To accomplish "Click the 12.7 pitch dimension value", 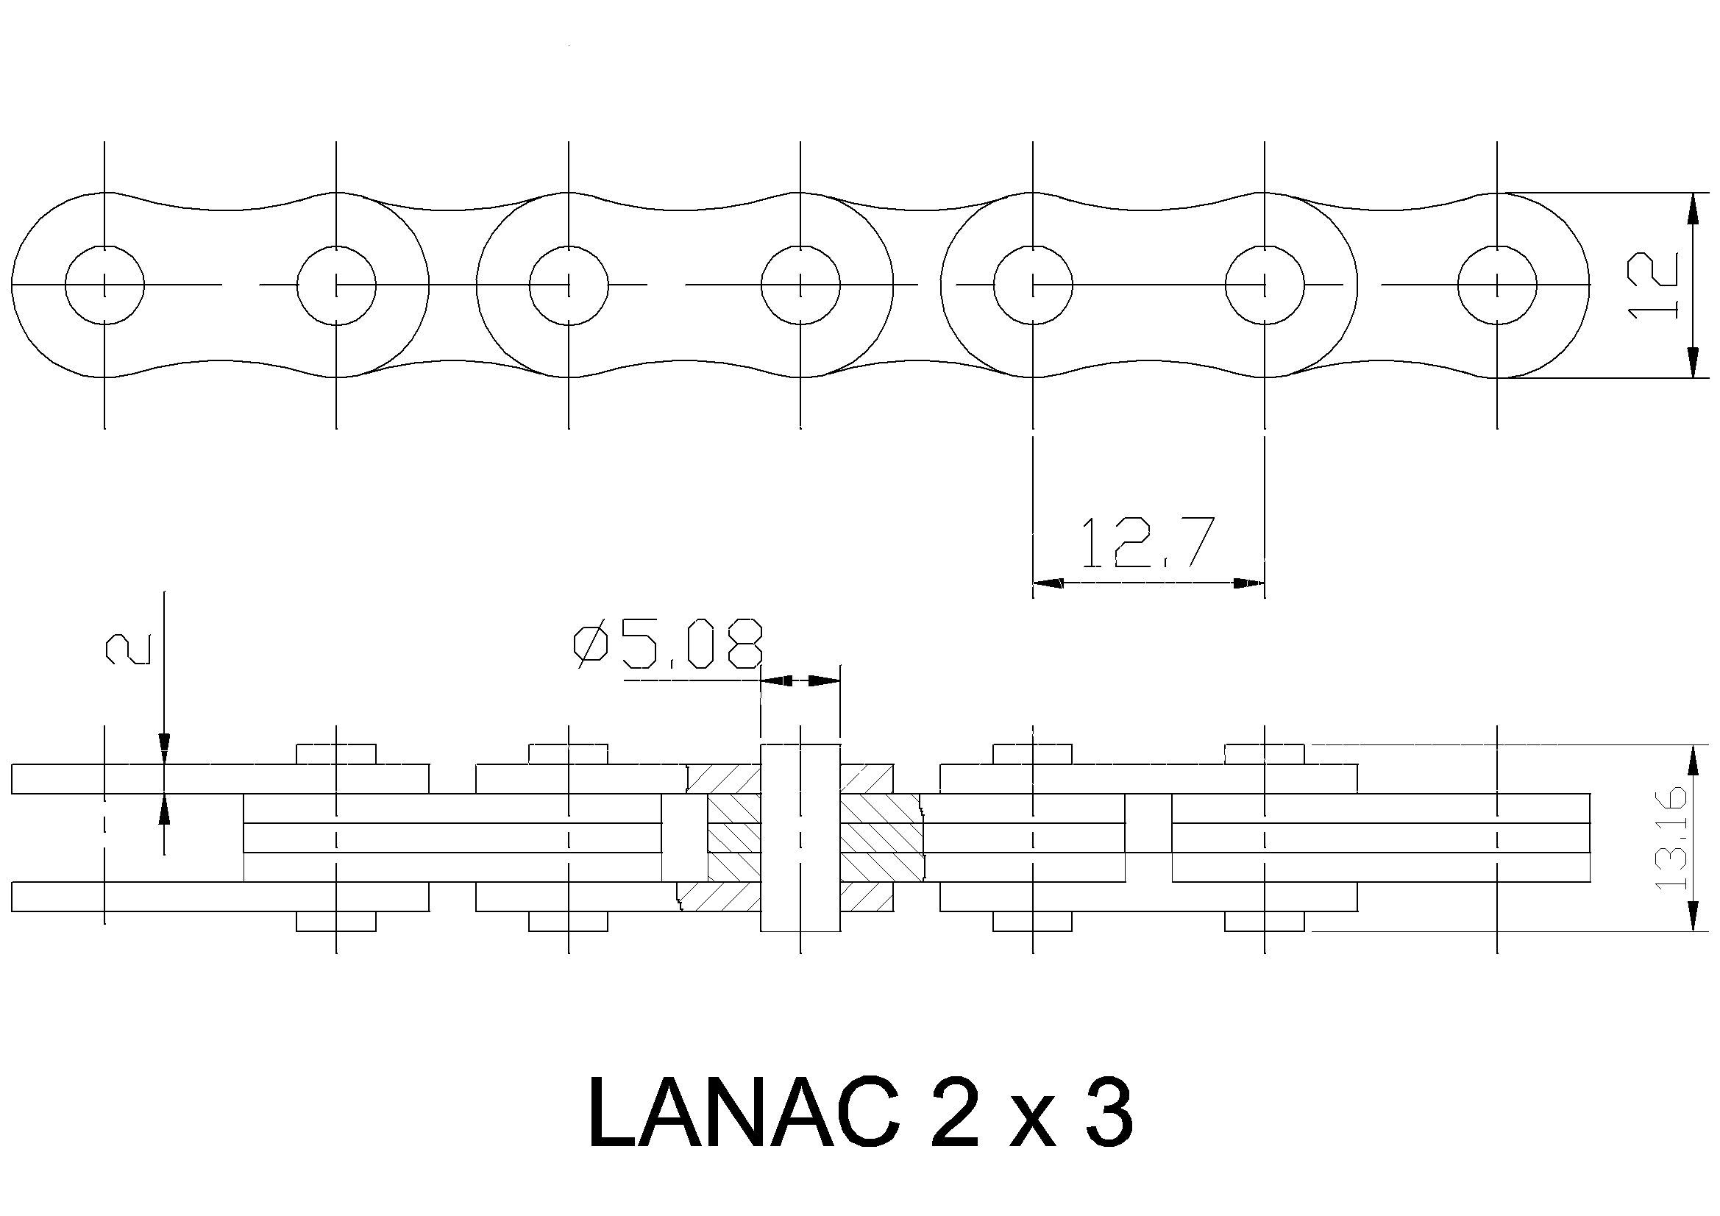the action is coord(1147,541).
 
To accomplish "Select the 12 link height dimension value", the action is coord(1653,285).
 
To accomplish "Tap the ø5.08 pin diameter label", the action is coord(668,644).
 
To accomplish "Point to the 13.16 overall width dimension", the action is coord(1671,838).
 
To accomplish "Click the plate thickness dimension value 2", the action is coord(128,649).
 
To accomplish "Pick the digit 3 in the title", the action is coord(1106,1113).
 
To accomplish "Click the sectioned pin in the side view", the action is coord(801,839).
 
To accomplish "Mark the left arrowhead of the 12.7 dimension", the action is coord(1048,583).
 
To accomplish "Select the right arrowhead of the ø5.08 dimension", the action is coord(825,681).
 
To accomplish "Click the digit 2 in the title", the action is coord(954,1113).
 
